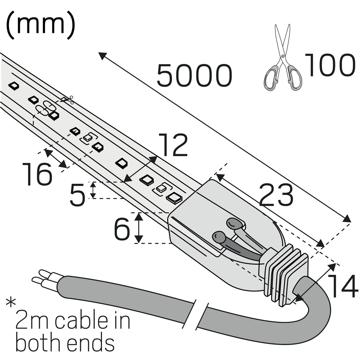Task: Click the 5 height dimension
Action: tap(78, 195)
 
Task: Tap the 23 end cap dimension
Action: tap(276, 195)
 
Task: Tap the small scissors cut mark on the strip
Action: tap(68, 100)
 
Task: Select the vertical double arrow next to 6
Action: tap(139, 228)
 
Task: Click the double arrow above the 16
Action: tap(56, 158)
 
